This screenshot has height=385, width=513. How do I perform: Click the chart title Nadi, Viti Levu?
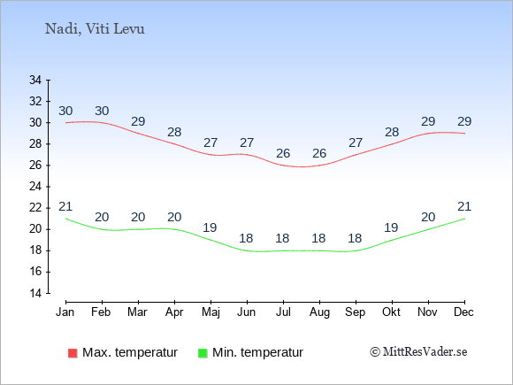coord(95,29)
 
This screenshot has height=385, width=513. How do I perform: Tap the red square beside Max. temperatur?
coord(73,353)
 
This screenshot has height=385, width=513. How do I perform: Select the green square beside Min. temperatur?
coord(203,353)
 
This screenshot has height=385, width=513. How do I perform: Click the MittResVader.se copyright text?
coord(418,352)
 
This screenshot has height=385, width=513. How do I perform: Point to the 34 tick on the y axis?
coord(35,80)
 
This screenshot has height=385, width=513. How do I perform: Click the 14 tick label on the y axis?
coord(35,293)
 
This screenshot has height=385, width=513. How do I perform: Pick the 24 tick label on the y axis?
coord(35,187)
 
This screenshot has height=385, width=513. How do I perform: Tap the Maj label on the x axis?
coord(211,312)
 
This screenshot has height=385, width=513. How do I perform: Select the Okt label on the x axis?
coord(391,312)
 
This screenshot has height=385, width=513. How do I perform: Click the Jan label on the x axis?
coord(65,312)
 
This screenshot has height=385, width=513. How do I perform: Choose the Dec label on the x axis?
coord(464,312)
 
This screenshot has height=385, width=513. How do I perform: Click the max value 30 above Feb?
coord(102,111)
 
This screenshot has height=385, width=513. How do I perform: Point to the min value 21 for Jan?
coord(65,206)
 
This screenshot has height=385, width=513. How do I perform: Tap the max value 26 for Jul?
coord(283,153)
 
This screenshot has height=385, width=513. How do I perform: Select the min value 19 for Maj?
coord(210,227)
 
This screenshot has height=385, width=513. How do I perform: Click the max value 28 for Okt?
coord(392,132)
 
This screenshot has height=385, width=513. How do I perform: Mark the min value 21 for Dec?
coord(464,206)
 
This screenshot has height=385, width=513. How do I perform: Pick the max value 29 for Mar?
coord(138,122)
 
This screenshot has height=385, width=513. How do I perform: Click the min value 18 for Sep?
coord(355,238)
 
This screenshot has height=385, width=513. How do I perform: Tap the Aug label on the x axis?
coord(319,312)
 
